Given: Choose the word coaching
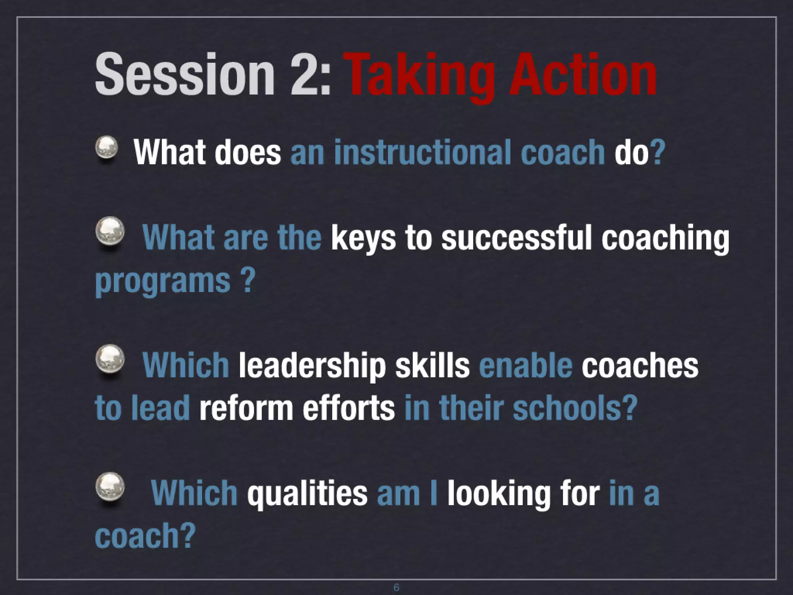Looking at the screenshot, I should pos(665,239).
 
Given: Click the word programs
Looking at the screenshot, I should pos(163,281).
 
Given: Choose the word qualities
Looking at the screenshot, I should pos(307,494).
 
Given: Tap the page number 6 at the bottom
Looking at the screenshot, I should pos(396,587).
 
